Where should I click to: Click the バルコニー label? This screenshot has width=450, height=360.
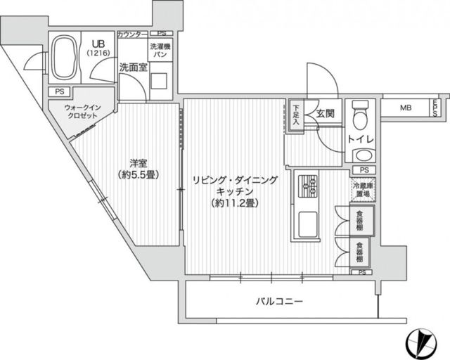tap(279, 302)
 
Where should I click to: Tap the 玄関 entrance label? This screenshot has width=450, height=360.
tap(324, 112)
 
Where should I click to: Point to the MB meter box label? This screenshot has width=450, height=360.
tap(406, 108)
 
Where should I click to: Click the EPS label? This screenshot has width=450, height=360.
tap(436, 108)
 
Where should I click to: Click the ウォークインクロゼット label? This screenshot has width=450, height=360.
tap(84, 112)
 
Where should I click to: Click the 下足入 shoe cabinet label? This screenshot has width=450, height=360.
tap(297, 113)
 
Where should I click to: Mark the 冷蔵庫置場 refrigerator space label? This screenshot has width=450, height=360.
tap(362, 189)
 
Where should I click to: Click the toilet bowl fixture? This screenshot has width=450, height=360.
tap(361, 115)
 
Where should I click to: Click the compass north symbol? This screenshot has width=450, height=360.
tap(424, 342)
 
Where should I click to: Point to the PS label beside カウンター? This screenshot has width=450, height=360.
tap(162, 34)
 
